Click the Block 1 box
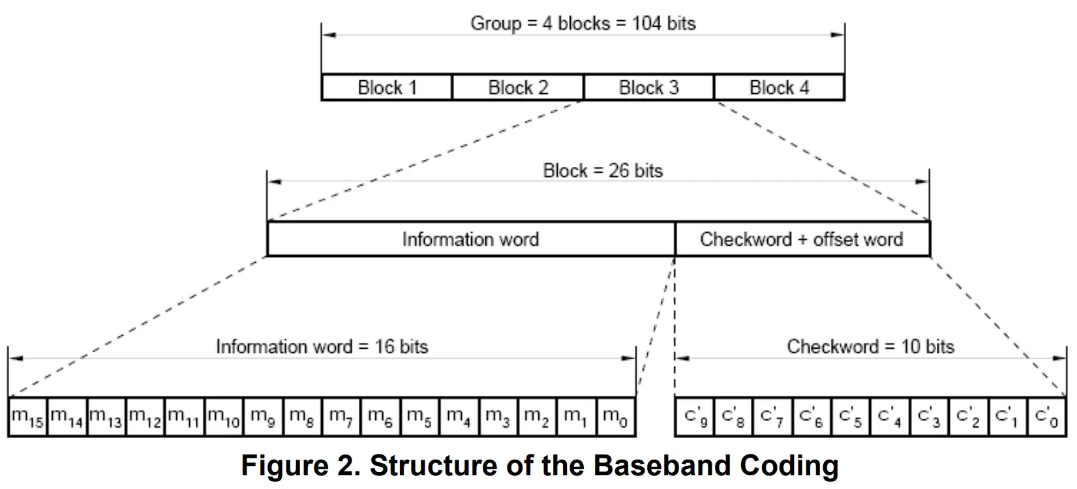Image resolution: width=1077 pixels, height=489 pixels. (387, 87)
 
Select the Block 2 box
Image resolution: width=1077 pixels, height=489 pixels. (518, 87)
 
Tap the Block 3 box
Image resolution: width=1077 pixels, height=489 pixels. (648, 87)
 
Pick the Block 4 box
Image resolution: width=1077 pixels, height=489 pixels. (779, 87)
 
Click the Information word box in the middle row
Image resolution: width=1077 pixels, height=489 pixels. (470, 239)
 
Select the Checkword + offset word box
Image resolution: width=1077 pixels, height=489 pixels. (802, 239)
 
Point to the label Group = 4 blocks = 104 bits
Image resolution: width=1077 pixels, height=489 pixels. (583, 24)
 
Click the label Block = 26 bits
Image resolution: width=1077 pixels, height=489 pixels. (602, 171)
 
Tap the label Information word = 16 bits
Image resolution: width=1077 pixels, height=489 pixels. (322, 346)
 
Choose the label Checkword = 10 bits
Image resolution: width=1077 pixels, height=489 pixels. (870, 346)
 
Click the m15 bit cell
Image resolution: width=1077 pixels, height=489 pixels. (27, 417)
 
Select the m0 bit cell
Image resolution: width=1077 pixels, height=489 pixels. (616, 417)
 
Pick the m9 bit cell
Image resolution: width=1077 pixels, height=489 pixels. (263, 417)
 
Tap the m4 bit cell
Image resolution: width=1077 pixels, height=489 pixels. (459, 417)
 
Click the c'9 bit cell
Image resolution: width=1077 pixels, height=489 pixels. (695, 417)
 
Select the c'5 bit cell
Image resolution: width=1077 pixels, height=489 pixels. (851, 417)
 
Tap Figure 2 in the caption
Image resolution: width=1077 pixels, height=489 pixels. (301, 466)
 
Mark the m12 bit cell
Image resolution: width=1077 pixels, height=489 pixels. (145, 417)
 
